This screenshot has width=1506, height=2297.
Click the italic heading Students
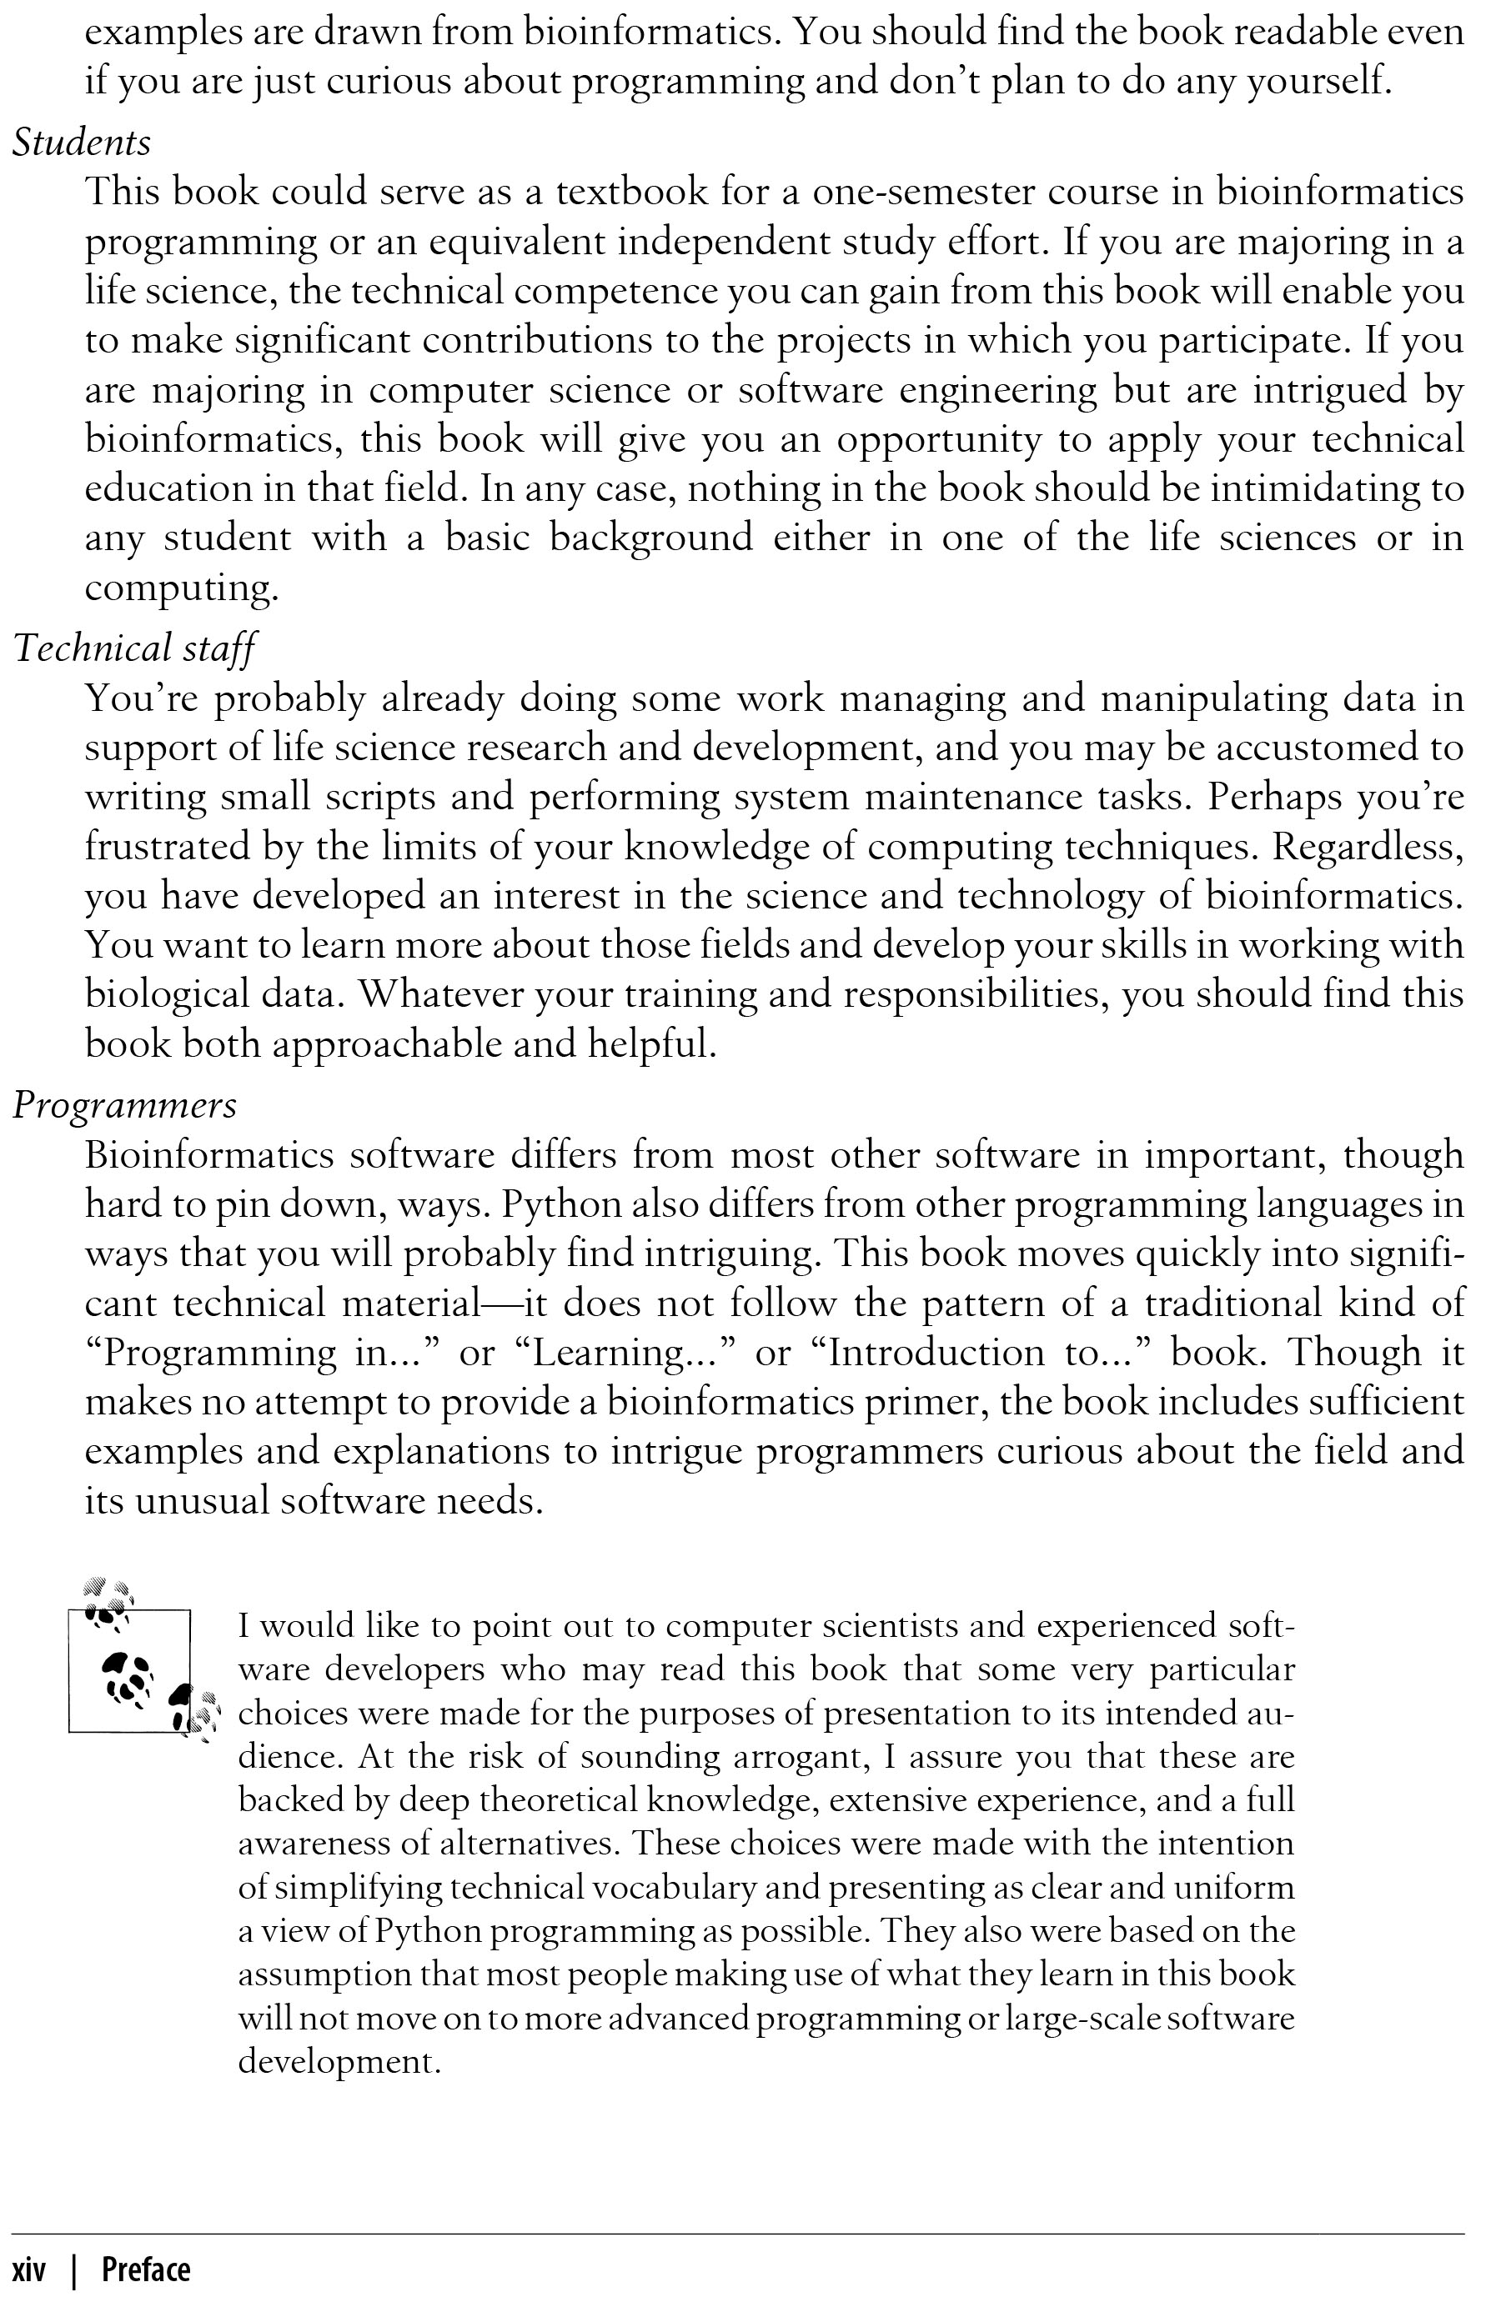82,143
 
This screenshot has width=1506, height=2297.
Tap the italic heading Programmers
124,1104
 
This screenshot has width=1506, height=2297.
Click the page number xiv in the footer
29,2268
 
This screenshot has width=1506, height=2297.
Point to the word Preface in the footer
146,2268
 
